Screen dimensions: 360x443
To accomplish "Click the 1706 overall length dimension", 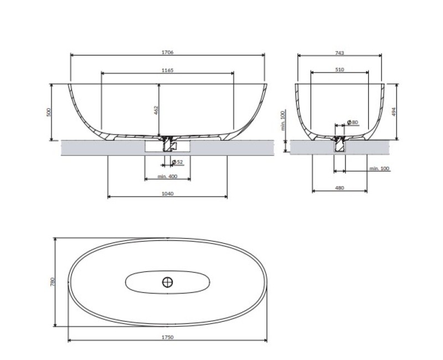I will click(168, 52).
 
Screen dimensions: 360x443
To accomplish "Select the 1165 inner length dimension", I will click(168, 70).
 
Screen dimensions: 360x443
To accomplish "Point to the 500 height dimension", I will click(48, 112).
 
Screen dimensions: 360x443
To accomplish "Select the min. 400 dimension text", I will click(167, 176).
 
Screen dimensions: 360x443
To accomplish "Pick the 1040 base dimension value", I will click(167, 194).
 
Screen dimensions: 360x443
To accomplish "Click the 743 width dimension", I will click(340, 53).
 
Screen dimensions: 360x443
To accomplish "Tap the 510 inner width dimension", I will click(340, 70).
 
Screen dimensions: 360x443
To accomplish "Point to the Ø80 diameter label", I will click(352, 122).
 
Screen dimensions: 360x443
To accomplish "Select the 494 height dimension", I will click(394, 111).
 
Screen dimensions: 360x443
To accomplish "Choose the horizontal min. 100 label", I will click(379, 168).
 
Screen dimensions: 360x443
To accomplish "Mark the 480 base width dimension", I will click(340, 188).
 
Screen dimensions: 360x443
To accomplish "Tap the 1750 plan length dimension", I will click(167, 337).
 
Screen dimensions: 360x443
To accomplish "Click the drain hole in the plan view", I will click(168, 282).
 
